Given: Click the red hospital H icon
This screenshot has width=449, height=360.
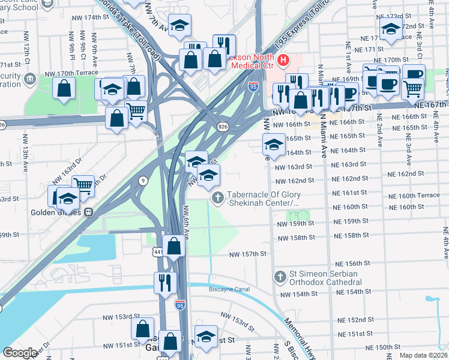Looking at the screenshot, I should click(282, 61).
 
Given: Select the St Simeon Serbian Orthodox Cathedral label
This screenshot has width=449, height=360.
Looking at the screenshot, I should click(322, 278).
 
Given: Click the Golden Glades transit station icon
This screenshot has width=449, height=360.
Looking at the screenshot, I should click(88, 212).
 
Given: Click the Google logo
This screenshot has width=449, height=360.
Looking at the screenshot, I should click(19, 353).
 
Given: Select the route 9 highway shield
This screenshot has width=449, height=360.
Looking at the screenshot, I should click(143, 180).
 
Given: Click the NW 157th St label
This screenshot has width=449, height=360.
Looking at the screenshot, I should click(247, 254).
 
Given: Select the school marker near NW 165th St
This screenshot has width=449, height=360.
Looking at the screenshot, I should click(274, 145).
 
